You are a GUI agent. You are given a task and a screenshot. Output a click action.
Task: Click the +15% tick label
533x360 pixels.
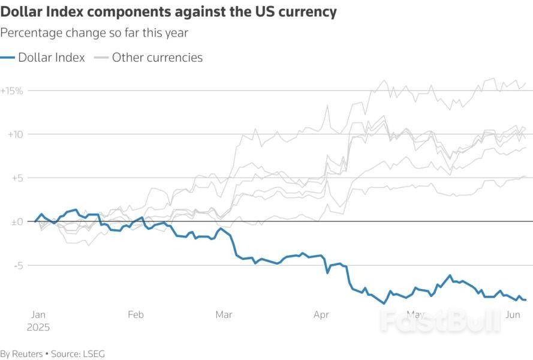(x=11, y=91)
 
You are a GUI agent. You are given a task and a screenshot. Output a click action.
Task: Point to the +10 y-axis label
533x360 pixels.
(x=14, y=134)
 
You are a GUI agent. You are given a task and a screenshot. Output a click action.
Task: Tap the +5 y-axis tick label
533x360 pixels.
(x=16, y=178)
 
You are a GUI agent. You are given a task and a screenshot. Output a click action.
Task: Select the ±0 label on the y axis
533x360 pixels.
(x=16, y=222)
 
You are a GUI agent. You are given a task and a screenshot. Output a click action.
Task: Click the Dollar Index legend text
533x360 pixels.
(x=52, y=58)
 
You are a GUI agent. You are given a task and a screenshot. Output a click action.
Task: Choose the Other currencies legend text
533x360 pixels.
(x=157, y=58)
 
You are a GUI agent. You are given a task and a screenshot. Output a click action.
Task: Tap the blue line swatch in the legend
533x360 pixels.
(x=8, y=58)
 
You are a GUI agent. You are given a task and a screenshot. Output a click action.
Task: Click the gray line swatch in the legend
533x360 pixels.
(x=101, y=58)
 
